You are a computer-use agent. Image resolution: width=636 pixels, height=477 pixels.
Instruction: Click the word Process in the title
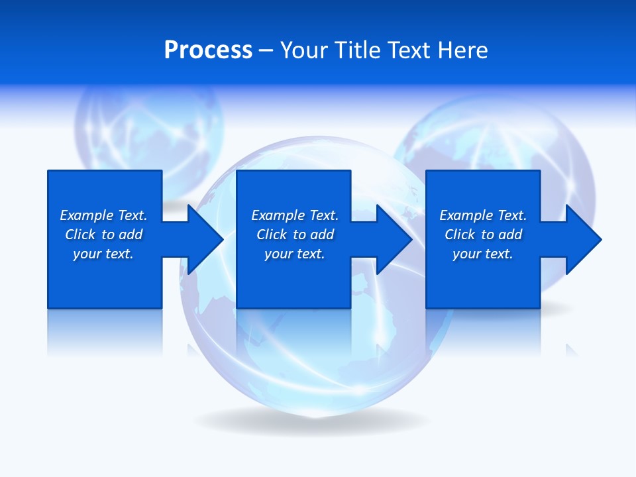pos(208,50)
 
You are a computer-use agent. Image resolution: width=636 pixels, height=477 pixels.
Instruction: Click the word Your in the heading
pos(303,50)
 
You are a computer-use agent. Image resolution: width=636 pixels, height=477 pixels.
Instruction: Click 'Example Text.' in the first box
pos(103,215)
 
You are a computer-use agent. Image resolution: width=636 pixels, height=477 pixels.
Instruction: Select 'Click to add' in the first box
pos(103,235)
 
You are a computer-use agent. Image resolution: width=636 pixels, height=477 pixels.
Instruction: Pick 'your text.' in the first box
pos(103,254)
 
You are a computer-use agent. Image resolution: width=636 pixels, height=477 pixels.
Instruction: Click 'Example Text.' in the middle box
pos(295,215)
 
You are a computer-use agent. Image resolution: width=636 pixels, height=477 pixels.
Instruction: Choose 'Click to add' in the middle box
pos(295,235)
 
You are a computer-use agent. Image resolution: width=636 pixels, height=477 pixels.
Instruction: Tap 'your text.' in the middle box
pos(295,254)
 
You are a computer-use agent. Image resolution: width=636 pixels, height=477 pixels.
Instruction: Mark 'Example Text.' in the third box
pos(483,215)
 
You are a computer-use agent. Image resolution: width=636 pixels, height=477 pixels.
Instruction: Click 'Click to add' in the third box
pos(483,235)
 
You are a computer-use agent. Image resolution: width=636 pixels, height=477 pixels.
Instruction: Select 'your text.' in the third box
pos(483,254)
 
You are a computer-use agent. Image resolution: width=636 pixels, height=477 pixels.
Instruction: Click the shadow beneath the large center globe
pos(311,421)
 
